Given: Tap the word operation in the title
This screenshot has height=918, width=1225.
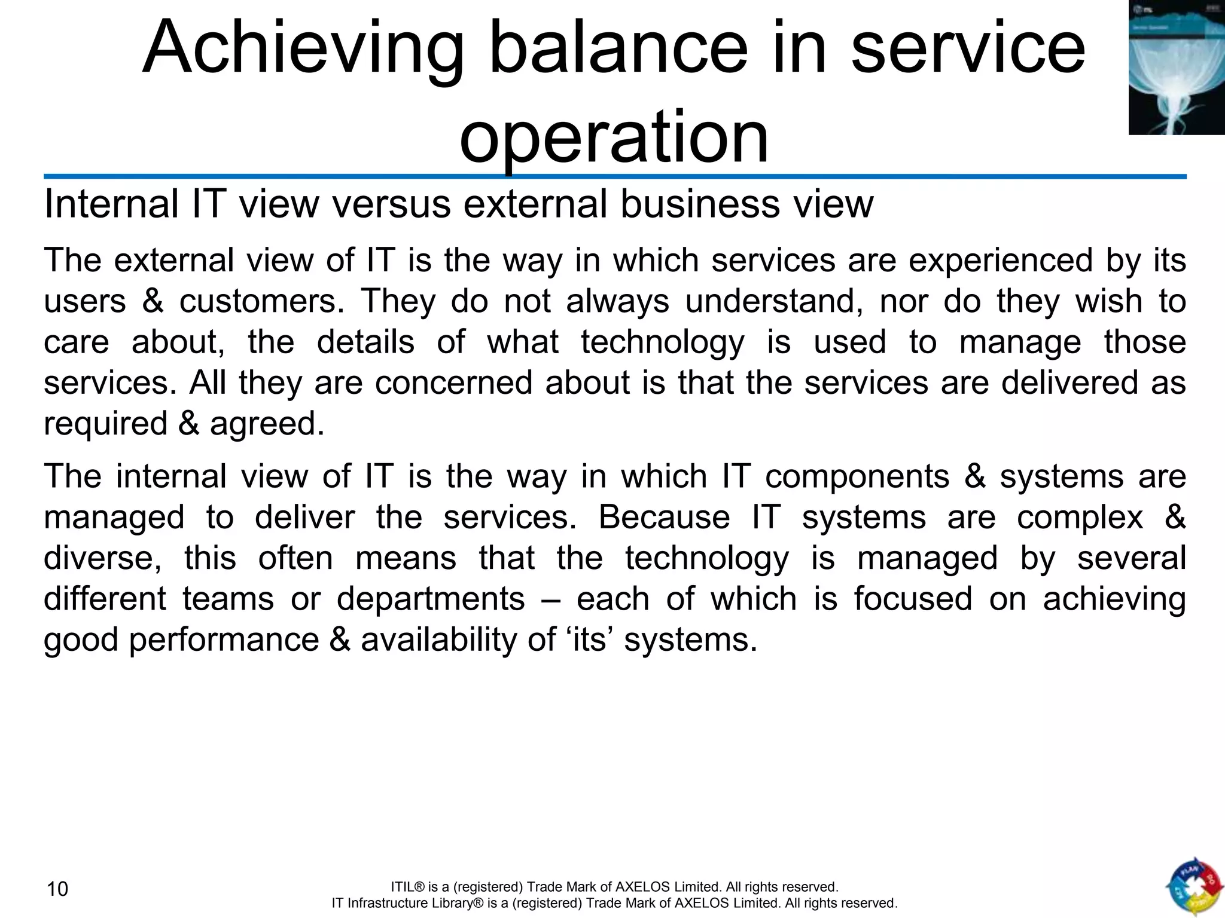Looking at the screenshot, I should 614,137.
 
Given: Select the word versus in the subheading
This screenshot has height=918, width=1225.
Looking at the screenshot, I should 391,204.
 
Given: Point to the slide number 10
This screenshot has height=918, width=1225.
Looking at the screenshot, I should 57,889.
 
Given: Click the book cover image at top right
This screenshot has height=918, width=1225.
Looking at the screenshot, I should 1176,67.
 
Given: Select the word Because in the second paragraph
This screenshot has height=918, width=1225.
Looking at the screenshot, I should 664,518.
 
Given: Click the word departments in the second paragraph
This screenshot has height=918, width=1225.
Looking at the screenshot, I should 431,599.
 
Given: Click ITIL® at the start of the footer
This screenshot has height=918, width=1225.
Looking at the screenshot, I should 407,887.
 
